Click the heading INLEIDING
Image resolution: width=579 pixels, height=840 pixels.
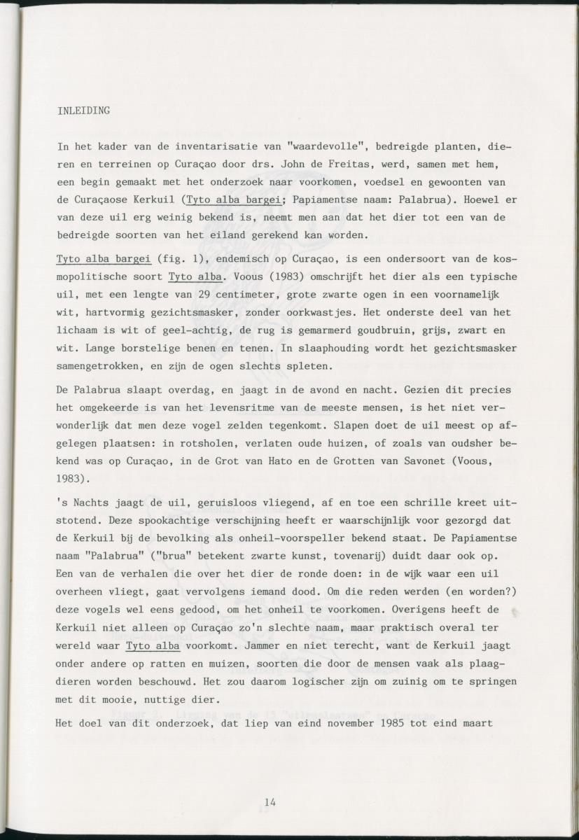click(83, 111)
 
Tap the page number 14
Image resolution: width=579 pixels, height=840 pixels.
click(270, 801)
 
